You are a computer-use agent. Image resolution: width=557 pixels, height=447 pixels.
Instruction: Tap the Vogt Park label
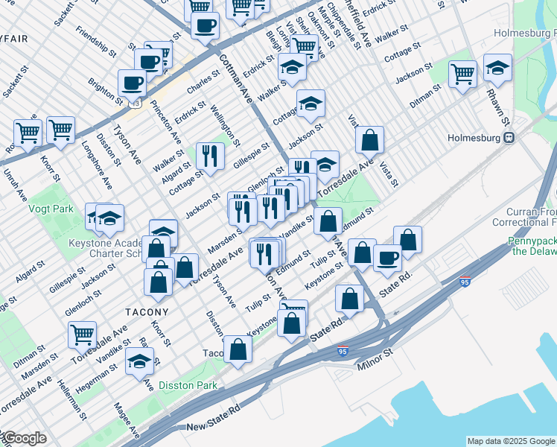(x=51, y=209)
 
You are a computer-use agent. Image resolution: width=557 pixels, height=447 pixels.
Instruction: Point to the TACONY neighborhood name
(x=147, y=311)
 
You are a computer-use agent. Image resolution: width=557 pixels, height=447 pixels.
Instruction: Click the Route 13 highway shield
(x=135, y=104)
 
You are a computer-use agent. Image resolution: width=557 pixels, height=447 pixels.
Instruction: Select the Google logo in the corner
(x=24, y=439)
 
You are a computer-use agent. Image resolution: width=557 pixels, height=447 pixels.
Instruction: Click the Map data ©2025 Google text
(x=510, y=441)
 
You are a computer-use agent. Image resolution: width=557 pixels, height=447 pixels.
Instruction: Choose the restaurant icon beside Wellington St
(x=210, y=156)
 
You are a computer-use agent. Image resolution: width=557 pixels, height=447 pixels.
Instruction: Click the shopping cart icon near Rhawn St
(x=462, y=74)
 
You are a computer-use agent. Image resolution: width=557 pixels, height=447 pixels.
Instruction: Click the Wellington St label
(x=226, y=127)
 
